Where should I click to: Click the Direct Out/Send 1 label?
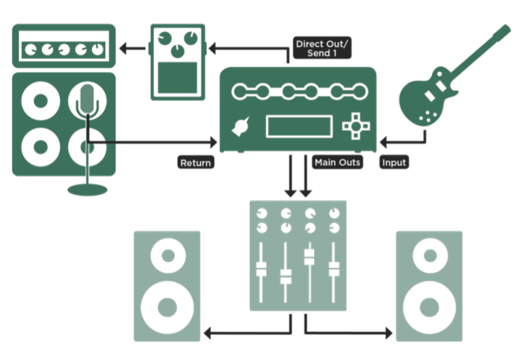[322, 48]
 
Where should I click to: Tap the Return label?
[195, 163]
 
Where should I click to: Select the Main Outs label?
[337, 162]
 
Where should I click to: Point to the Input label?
[394, 162]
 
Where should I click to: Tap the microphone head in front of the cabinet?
[87, 99]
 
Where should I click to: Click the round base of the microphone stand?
[87, 190]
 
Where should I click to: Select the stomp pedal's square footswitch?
[177, 78]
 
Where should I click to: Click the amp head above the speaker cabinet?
[64, 46]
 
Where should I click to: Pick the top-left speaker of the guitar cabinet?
[41, 100]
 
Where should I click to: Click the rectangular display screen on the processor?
[299, 126]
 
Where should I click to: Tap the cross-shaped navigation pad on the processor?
[356, 126]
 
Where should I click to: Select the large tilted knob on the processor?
[241, 126]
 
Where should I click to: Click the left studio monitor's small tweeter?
[168, 256]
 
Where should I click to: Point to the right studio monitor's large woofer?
[430, 307]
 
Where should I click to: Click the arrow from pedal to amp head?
[133, 48]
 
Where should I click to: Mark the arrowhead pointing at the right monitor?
[389, 333]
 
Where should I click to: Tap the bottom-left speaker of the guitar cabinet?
[41, 147]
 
